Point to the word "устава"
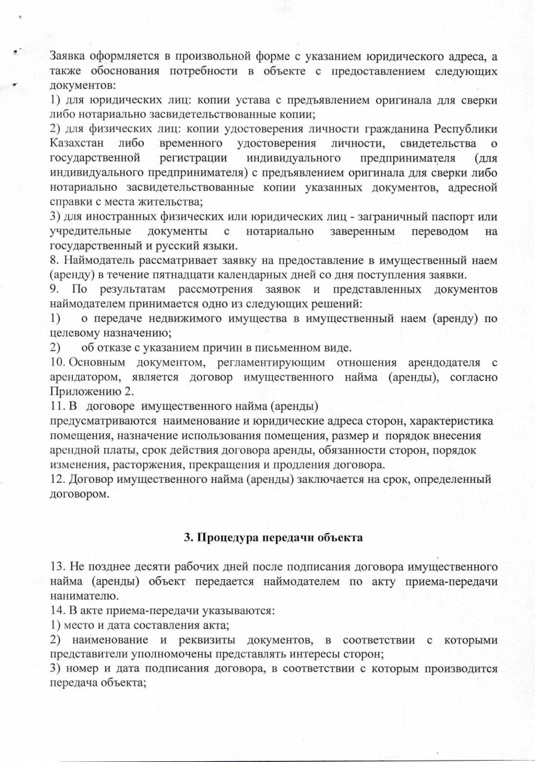[235, 100]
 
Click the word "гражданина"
[374, 129]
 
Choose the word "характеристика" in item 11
[451, 421]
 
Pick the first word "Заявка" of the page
[70, 56]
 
